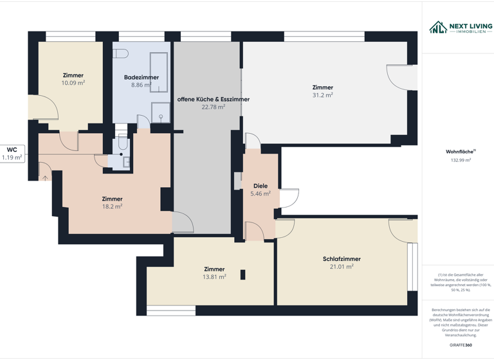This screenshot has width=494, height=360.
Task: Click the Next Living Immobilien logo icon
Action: click(438, 27)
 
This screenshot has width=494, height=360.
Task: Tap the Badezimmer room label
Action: click(141, 77)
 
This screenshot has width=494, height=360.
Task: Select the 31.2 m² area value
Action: click(322, 95)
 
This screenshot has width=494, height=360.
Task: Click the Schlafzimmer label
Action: click(342, 259)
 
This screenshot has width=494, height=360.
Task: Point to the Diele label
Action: click(260, 186)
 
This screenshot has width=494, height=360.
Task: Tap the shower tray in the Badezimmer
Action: click(161, 112)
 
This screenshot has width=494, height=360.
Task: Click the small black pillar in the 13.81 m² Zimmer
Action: click(242, 274)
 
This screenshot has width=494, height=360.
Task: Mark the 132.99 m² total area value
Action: click(461, 160)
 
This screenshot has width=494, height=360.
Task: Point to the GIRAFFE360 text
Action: click(461, 345)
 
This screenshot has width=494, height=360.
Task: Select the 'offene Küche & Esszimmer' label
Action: click(213, 100)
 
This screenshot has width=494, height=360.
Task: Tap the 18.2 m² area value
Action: click(112, 207)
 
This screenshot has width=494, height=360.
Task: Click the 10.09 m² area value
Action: click(73, 83)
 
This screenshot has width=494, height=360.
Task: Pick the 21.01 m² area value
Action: click(342, 267)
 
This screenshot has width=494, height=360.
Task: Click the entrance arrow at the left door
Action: click(45, 178)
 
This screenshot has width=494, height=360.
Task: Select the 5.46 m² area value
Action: click(260, 194)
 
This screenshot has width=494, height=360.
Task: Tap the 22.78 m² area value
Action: click(213, 107)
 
